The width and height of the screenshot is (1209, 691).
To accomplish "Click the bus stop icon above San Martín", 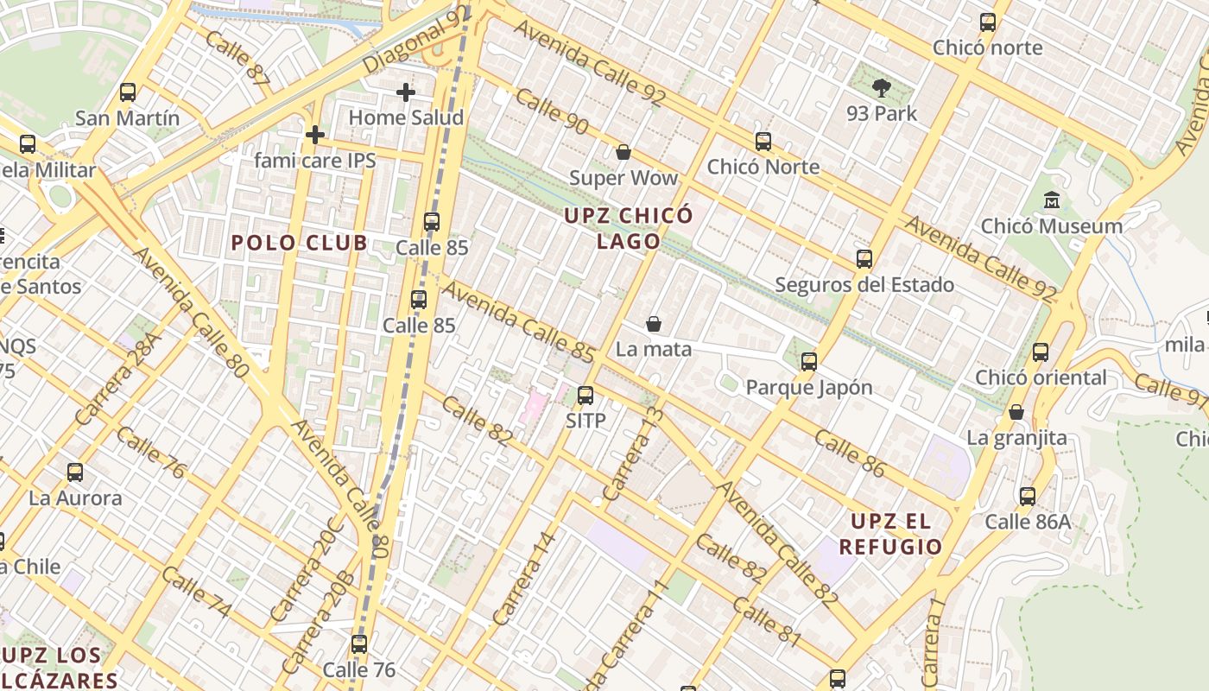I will coord(128,92).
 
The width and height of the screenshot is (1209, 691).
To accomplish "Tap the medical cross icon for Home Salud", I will coord(406,92).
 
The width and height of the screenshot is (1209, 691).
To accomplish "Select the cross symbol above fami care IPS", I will coord(315,135).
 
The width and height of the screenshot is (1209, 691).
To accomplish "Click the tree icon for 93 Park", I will coord(882,86).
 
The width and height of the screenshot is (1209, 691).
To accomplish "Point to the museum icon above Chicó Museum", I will coord(1052,200).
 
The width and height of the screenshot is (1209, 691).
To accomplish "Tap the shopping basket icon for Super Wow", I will coord(623,152).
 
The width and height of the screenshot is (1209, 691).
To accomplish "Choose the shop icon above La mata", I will coord(654,324).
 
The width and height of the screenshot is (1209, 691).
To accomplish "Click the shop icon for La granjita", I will coord(1016,412).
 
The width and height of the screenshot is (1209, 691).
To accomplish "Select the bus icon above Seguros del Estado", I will coord(864,259).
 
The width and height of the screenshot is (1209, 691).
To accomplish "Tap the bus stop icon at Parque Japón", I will coord(809,362).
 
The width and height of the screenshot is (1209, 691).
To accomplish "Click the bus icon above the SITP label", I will coord(586,396).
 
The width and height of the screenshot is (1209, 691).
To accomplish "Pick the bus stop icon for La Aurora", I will coord(75,472).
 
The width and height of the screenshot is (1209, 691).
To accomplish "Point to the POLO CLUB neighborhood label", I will coord(300,243).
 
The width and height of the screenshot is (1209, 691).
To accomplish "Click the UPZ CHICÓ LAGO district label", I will coord(628,228).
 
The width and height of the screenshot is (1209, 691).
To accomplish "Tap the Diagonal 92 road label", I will coord(417,41).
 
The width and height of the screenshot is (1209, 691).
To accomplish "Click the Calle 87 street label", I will coord(237,59).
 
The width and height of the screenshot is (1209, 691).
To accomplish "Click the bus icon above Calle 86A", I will coord(1027,497).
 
